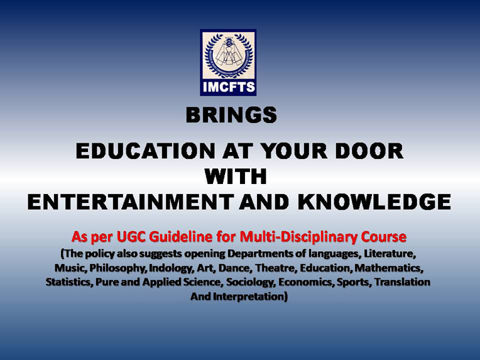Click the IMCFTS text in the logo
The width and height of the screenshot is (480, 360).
[228, 87]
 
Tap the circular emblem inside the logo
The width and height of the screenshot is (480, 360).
[228, 55]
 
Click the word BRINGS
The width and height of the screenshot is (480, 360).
[231, 115]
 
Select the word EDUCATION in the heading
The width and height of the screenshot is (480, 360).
[145, 151]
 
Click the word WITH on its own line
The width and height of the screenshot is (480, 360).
[236, 177]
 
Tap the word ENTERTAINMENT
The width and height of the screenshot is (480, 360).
[131, 202]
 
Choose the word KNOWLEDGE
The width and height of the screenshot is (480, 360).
[374, 202]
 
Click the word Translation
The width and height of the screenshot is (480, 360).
[402, 282]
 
